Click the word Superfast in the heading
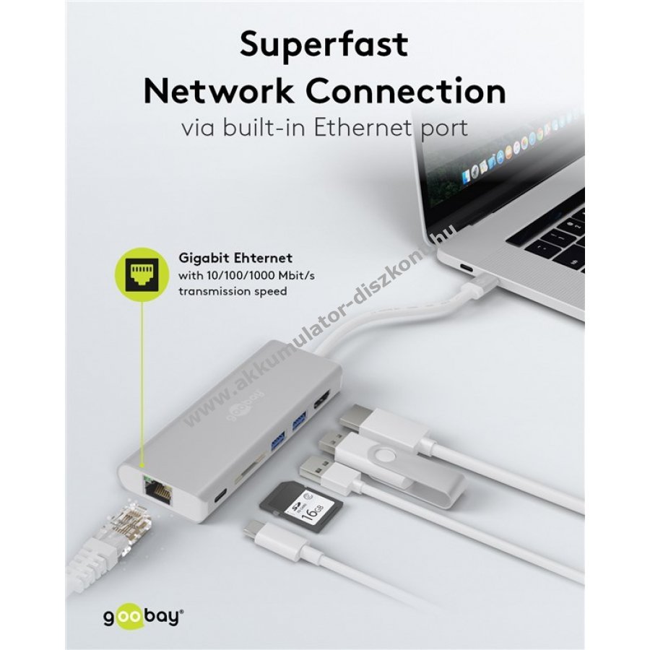point(324,45)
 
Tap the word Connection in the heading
point(406,92)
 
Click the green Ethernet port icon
point(140,271)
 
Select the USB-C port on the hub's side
point(221,497)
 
